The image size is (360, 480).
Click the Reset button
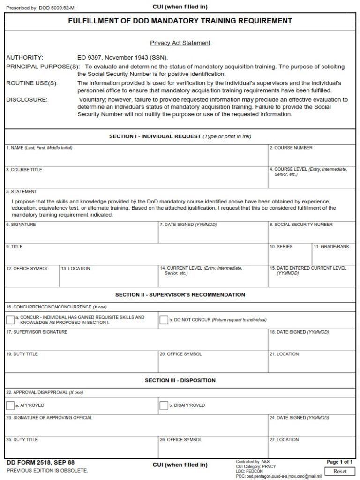pyautogui.click(x=340, y=471)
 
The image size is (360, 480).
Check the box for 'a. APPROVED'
pyautogui.click(x=10, y=405)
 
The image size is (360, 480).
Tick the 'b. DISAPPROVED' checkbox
pyautogui.click(x=164, y=405)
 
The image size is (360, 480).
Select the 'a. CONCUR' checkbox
pyautogui.click(x=10, y=320)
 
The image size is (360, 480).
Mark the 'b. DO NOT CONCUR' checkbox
pyautogui.click(x=164, y=320)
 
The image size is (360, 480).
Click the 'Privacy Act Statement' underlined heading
pyautogui.click(x=180, y=43)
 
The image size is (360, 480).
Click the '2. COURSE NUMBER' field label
pyautogui.click(x=291, y=148)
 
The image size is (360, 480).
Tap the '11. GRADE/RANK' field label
pyautogui.click(x=331, y=247)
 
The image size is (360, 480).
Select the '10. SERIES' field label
pyautogui.click(x=281, y=247)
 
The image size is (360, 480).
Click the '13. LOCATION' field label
pyautogui.click(x=75, y=269)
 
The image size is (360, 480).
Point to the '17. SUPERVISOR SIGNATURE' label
pyautogui.click(x=37, y=332)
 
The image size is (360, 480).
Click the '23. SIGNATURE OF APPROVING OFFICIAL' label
pyautogui.click(x=49, y=418)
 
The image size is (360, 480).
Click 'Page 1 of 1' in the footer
pyautogui.click(x=339, y=462)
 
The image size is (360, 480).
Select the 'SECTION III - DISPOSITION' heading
pyautogui.click(x=180, y=380)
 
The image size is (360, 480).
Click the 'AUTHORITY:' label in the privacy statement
pyautogui.click(x=24, y=58)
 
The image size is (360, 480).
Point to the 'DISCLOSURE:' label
pyautogui.click(x=27, y=99)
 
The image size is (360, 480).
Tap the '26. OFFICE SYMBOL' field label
pyautogui.click(x=180, y=440)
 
